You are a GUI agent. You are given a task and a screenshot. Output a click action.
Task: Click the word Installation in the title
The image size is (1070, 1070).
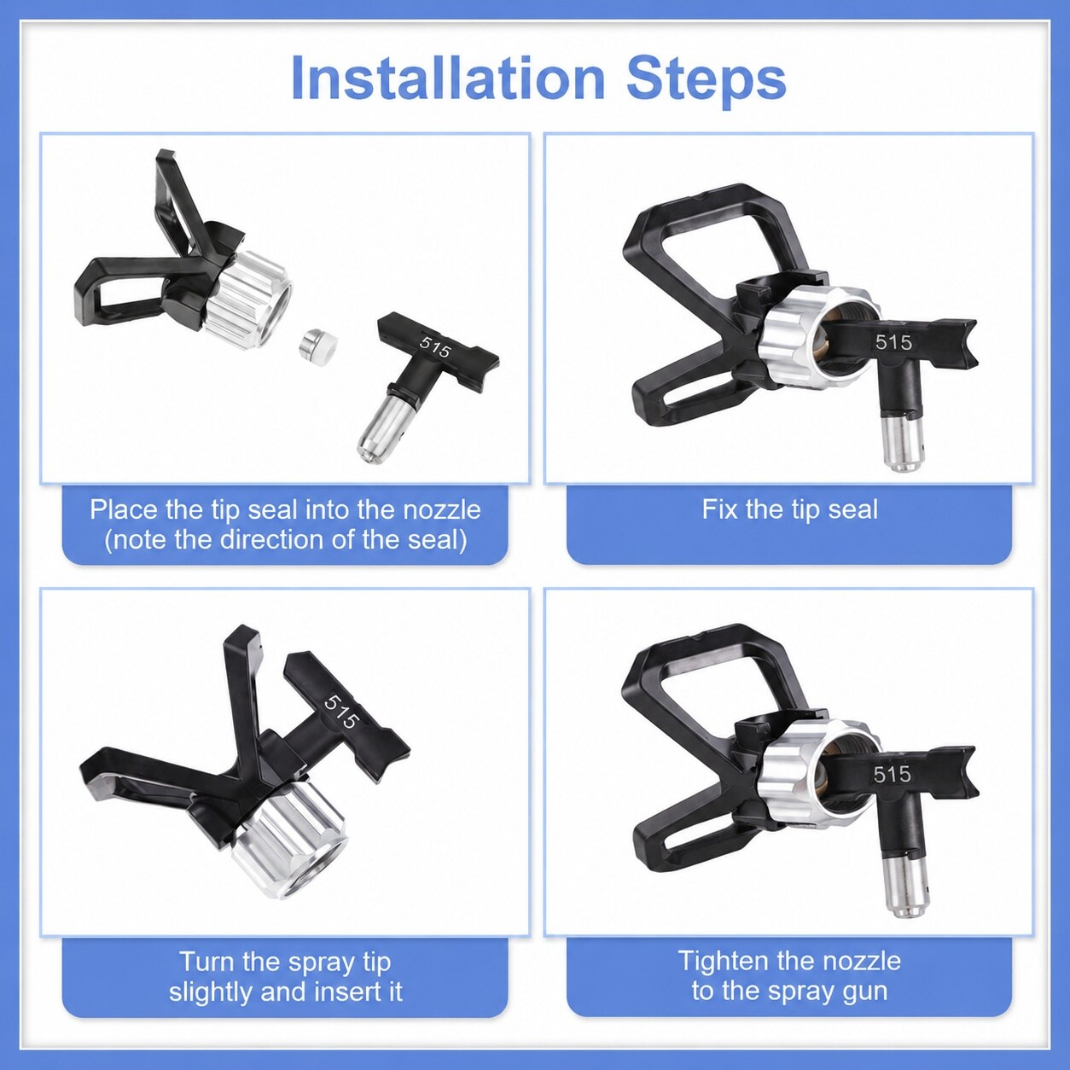click(447, 78)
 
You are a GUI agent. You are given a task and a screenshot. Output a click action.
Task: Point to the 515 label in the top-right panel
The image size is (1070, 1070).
click(893, 342)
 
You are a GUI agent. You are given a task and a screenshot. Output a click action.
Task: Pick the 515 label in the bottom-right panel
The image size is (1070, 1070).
click(893, 773)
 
